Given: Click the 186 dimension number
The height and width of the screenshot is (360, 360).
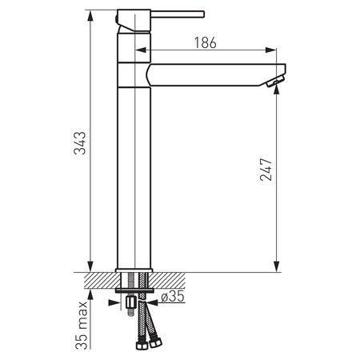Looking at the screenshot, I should (x=206, y=44).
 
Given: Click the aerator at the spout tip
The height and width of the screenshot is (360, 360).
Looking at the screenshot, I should (x=276, y=80).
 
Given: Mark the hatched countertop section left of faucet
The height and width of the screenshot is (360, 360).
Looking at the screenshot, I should (x=98, y=279).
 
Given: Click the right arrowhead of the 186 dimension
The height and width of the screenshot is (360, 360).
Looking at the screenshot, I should (x=282, y=53).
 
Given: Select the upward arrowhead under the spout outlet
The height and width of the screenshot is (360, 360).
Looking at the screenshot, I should (x=277, y=90).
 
